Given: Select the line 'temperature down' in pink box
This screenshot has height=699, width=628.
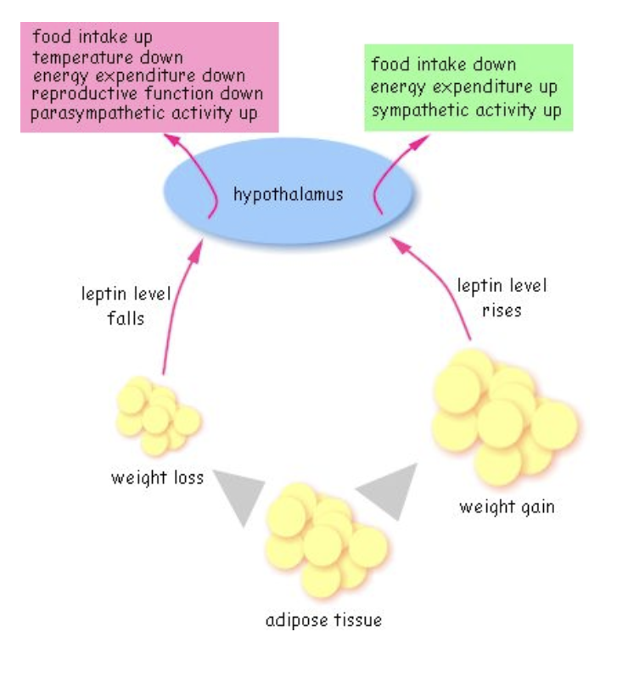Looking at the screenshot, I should coord(107,58).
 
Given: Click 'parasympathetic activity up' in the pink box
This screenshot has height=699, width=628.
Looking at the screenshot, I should coord(143,113).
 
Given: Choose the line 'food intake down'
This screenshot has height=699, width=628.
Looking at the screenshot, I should coord(443,65).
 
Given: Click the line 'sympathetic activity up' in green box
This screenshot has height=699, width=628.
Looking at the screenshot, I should coord(466,111).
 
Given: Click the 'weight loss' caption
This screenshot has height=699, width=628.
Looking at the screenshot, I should coord(157,478).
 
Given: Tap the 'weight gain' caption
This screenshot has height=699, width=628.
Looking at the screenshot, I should coord(507,507).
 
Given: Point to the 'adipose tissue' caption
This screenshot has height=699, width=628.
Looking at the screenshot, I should coord(323,620).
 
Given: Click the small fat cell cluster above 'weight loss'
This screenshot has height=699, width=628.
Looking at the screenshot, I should coord(156,416).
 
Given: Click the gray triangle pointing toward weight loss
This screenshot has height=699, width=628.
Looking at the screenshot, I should coord(236,495).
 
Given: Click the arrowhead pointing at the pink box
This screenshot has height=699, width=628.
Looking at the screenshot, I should coord(173,139).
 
